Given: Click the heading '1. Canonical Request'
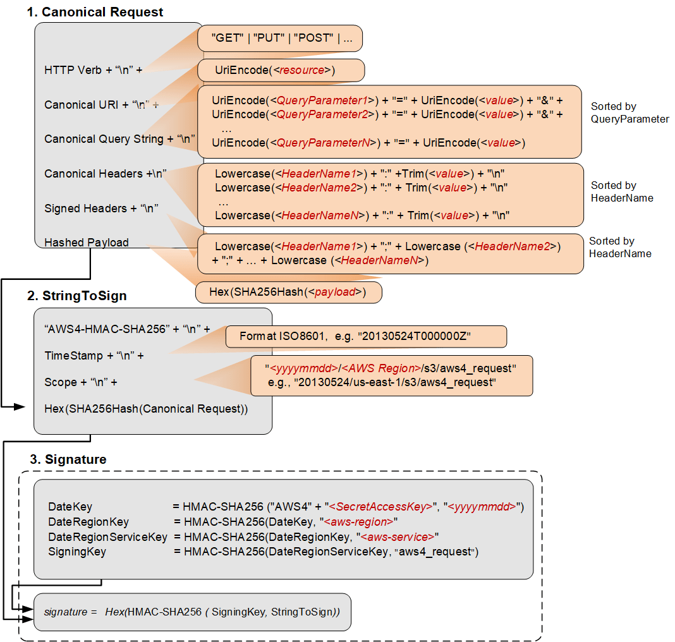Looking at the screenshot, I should [x=95, y=12].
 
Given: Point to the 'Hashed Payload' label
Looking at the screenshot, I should [x=87, y=243].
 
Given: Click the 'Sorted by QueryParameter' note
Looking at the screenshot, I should [x=629, y=113].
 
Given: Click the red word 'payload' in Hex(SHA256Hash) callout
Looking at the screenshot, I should [x=335, y=293].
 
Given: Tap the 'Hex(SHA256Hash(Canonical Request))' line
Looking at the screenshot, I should [x=146, y=409].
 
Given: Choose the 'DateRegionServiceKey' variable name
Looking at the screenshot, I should [x=107, y=537].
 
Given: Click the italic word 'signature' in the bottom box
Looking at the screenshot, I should [x=66, y=612].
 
